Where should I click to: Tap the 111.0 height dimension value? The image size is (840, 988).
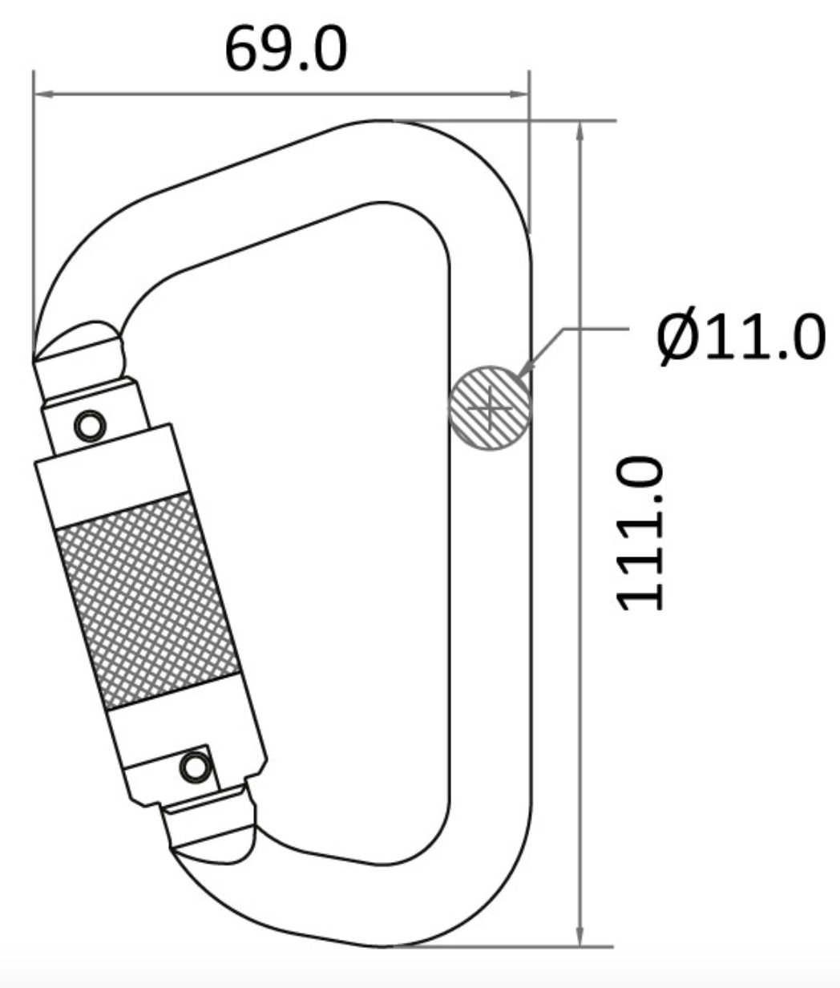[x=640, y=533]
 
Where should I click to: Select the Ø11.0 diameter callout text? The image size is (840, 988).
[x=739, y=337]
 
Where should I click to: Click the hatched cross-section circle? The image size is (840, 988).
[x=490, y=407]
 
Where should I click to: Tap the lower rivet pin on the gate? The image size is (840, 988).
[x=193, y=767]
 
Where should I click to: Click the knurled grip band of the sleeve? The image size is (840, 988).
[x=148, y=601]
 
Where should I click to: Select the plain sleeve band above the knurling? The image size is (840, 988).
[x=112, y=473]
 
